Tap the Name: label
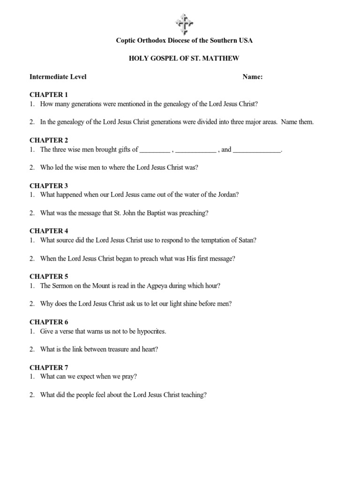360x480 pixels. tap(252, 77)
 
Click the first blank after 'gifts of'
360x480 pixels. tap(155, 150)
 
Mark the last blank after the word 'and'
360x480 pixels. tap(257, 150)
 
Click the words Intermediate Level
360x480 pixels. tap(58, 77)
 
